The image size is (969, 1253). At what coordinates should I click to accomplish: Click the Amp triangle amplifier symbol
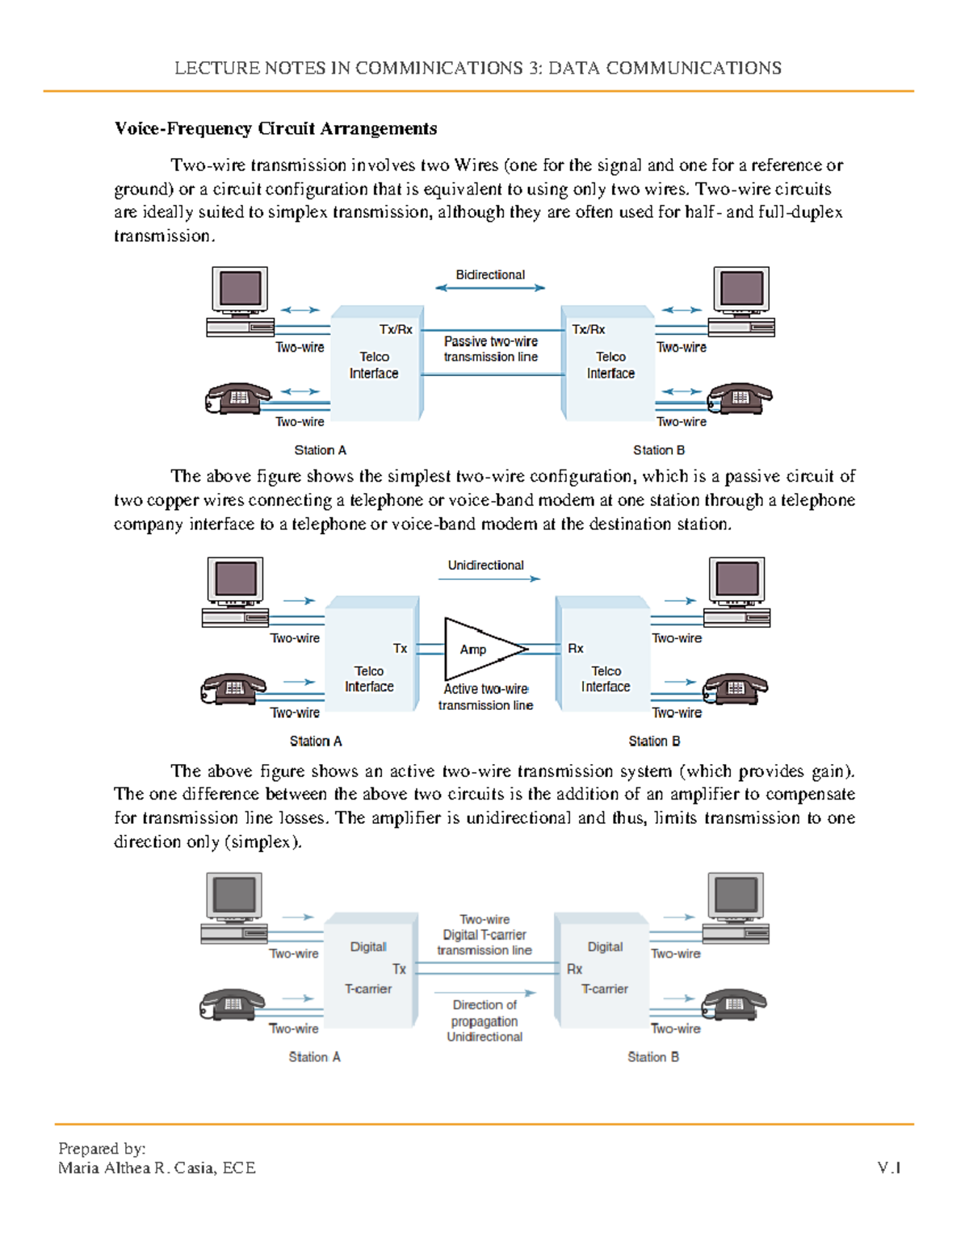click(480, 649)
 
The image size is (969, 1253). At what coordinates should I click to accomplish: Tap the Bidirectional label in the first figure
click(490, 275)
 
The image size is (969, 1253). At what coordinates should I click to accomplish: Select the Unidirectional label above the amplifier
click(485, 566)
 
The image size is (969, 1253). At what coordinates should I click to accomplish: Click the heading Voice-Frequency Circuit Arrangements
click(275, 129)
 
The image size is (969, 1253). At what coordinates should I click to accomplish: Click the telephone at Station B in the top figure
click(740, 398)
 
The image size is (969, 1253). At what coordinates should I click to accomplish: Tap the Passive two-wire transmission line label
click(491, 349)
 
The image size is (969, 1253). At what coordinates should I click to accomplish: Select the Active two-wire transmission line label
click(485, 697)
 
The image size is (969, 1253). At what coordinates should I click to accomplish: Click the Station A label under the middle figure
click(316, 741)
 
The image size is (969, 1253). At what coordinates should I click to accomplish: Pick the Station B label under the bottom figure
click(653, 1057)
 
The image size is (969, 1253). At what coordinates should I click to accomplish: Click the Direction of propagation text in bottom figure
click(484, 1013)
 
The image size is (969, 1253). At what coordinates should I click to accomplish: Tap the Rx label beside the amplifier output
click(575, 649)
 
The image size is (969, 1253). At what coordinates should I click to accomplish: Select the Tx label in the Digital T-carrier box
click(399, 969)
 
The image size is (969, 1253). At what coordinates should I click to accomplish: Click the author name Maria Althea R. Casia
click(157, 1168)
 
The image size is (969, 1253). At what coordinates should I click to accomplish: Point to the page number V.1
click(889, 1168)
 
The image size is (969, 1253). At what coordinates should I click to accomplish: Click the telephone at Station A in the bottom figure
click(232, 1004)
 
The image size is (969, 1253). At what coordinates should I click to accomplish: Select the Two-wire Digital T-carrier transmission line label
click(484, 935)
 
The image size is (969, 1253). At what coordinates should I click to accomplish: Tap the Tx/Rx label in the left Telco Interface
click(396, 330)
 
